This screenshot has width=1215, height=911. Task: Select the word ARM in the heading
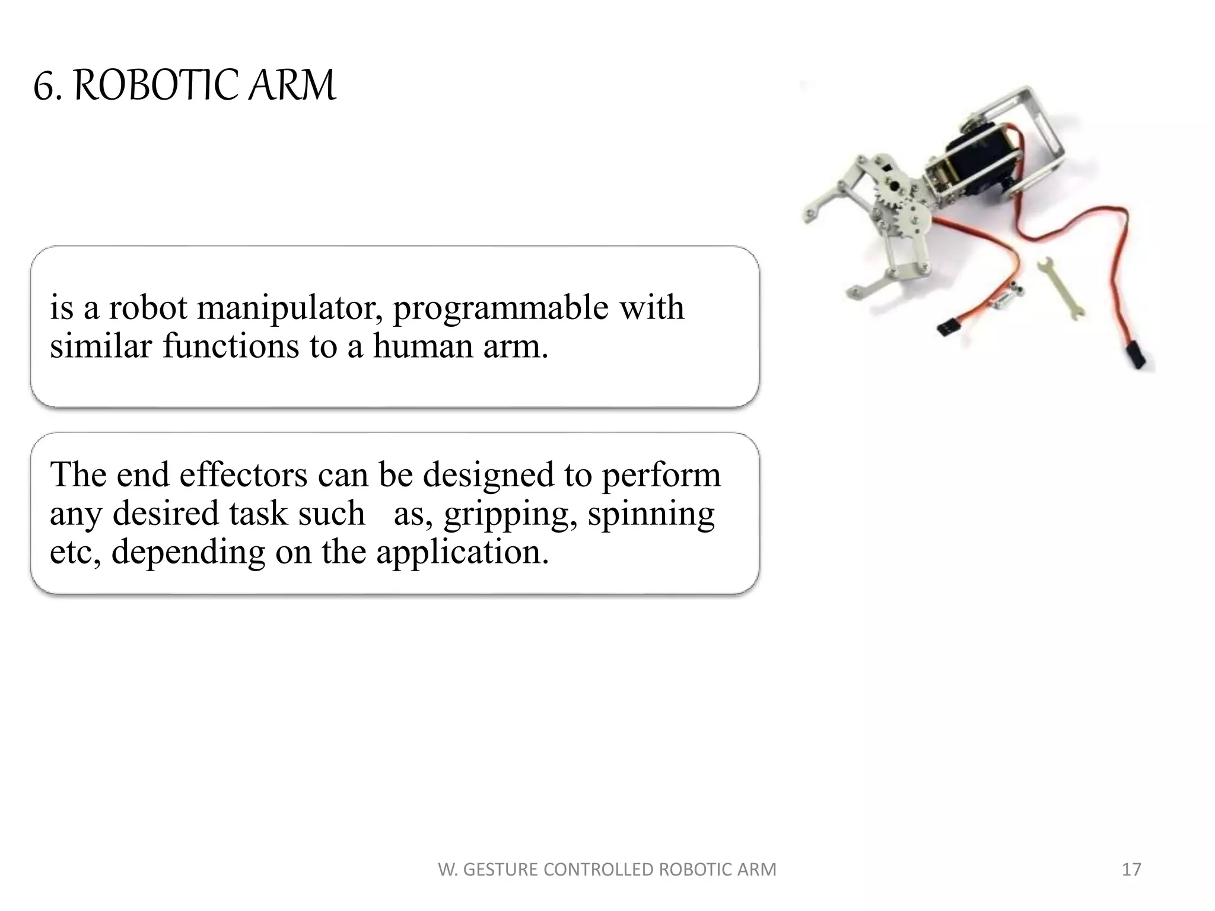(291, 86)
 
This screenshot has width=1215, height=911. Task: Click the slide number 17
(1131, 869)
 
